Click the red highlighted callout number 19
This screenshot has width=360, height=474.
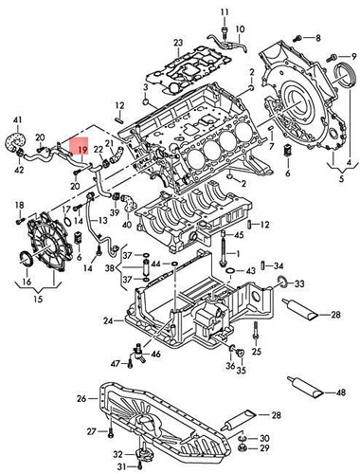pyautogui.click(x=82, y=149)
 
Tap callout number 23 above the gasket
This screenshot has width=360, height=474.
pyautogui.click(x=178, y=44)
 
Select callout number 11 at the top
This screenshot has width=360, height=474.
pyautogui.click(x=225, y=11)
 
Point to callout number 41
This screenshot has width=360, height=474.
pyautogui.click(x=17, y=118)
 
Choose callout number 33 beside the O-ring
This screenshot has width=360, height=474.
pyautogui.click(x=300, y=283)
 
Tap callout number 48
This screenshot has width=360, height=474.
pyautogui.click(x=340, y=392)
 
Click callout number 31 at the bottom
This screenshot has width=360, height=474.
pyautogui.click(x=122, y=466)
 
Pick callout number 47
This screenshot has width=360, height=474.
pyautogui.click(x=115, y=363)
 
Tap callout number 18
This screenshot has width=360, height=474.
pyautogui.click(x=18, y=205)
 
